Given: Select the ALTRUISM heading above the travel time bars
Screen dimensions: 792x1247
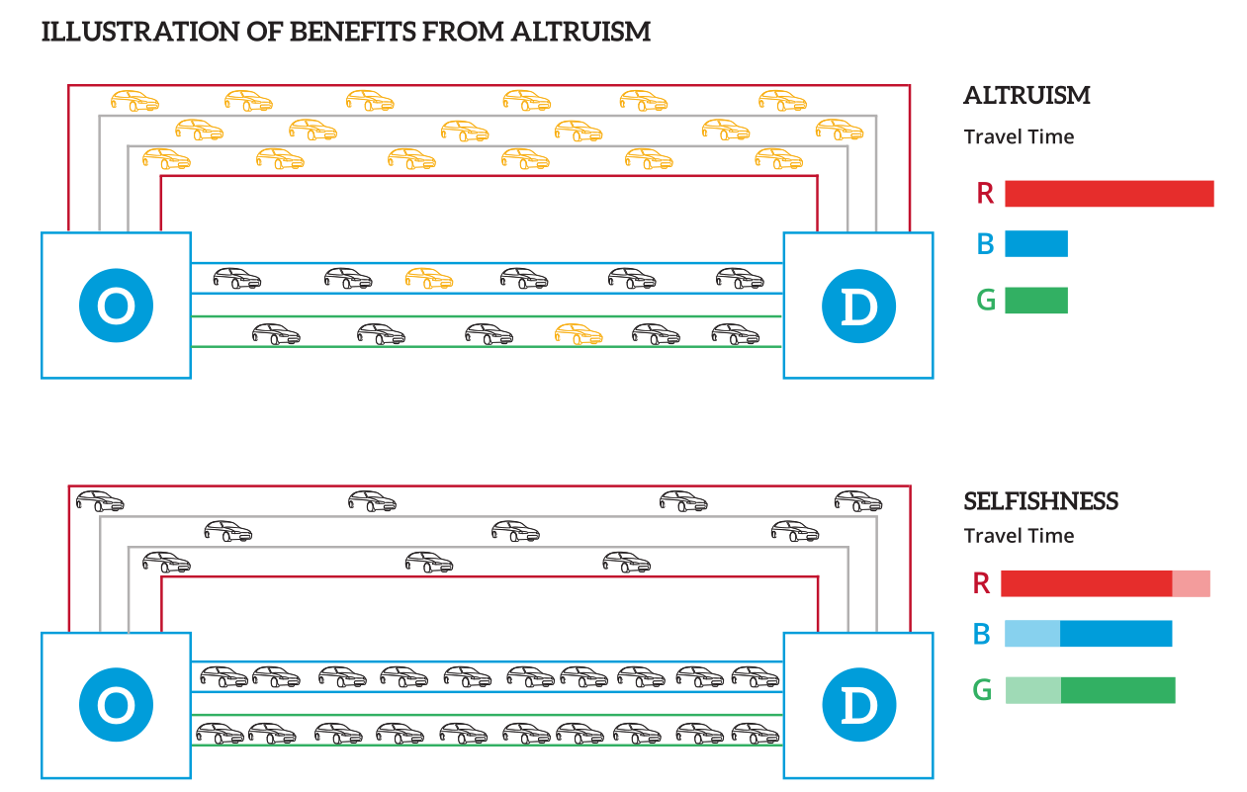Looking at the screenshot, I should (x=1026, y=96).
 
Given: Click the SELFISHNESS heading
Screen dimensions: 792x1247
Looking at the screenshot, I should (x=1040, y=501).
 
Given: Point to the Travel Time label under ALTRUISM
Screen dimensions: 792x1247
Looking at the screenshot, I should (x=1019, y=136).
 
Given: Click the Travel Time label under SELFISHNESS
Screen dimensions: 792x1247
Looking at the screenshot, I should (x=1019, y=536).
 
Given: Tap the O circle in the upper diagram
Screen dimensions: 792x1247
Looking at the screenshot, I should (x=116, y=306).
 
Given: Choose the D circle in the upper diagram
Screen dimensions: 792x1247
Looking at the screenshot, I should (x=857, y=306).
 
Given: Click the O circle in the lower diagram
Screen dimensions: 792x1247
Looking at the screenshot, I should (x=116, y=705).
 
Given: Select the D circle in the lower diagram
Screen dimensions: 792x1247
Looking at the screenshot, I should (x=857, y=705).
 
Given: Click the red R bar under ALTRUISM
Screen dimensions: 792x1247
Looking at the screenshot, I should (x=1109, y=194).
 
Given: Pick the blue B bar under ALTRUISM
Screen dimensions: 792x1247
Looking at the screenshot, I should (x=1035, y=244).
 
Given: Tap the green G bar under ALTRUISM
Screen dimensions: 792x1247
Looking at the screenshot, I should (x=1035, y=301).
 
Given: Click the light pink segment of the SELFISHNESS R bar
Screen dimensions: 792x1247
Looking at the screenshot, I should (x=1191, y=583).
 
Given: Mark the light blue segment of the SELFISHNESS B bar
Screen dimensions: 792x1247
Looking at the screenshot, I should (x=1032, y=634).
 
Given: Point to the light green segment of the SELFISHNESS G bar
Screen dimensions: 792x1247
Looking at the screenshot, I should (x=1032, y=690).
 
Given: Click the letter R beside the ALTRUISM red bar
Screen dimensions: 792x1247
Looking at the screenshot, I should (x=985, y=194).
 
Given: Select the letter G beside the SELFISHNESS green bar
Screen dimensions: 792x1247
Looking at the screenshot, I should (x=982, y=690).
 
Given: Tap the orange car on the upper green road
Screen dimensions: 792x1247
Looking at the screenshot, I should (x=579, y=334).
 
